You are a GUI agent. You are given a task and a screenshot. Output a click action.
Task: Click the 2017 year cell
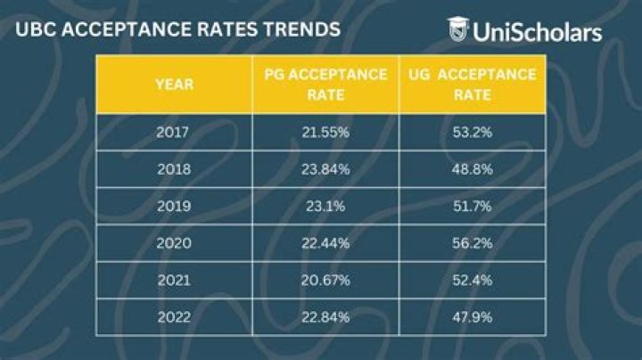[174, 132]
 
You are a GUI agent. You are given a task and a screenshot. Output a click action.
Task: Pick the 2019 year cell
[174, 205]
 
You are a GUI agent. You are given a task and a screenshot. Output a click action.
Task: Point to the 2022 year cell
[174, 316]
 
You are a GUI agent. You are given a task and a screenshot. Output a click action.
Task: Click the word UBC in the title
[33, 29]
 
